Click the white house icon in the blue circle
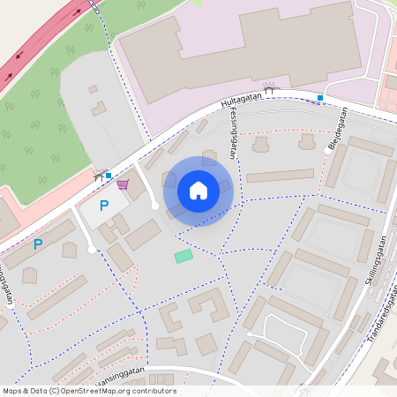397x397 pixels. tap(198, 191)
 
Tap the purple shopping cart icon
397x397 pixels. tap(123, 184)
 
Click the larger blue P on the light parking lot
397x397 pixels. tap(103, 206)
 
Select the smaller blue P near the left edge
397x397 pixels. tap(37, 244)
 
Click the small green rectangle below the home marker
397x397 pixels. tap(184, 256)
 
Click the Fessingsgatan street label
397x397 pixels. tap(228, 132)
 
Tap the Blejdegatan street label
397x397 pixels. tap(338, 127)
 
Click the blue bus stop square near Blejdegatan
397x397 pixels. tap(320, 97)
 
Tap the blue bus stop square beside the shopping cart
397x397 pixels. tap(109, 176)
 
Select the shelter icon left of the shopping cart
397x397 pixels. tap(100, 175)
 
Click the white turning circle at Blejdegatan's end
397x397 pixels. tap(327, 151)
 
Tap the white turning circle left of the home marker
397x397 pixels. tap(155, 206)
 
